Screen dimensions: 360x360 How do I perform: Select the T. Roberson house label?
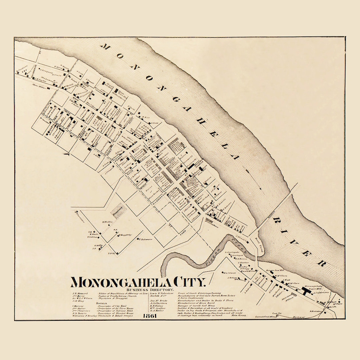[x=144, y=239]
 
